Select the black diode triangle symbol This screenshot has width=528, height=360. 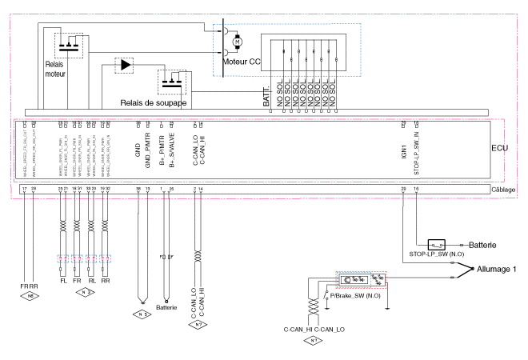(125, 64)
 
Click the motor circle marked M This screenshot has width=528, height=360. (247, 42)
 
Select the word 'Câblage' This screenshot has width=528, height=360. (503, 190)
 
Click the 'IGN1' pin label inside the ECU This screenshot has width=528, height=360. (404, 148)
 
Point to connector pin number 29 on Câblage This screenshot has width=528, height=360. (405, 189)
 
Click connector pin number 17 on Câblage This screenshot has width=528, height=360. (25, 189)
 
